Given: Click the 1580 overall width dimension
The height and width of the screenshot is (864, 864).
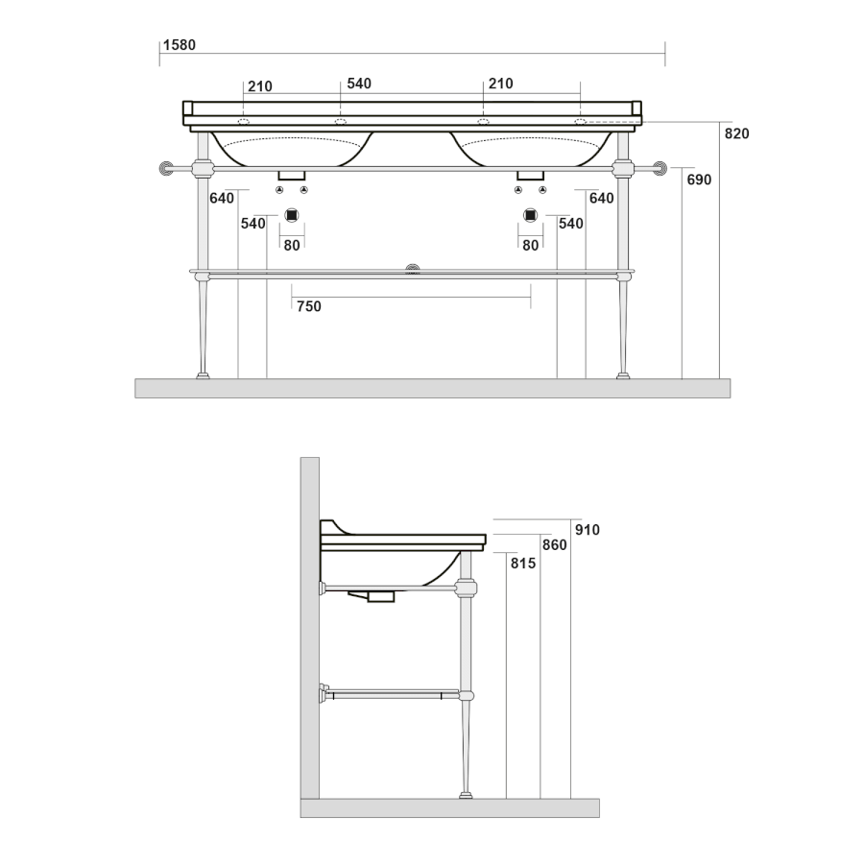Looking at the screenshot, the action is tap(180, 45).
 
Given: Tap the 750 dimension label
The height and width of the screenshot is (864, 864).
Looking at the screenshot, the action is tap(308, 306).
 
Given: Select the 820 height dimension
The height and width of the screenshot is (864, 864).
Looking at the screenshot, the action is tap(736, 133).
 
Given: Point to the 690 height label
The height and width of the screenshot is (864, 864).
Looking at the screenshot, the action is tap(699, 180).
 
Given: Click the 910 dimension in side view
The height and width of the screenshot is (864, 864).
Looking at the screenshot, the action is tap(587, 530).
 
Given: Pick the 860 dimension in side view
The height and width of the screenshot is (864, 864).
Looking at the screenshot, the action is tap(554, 545).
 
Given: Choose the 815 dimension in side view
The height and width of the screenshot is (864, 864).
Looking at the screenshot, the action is tap(523, 564).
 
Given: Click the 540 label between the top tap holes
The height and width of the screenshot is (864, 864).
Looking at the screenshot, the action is tap(359, 84).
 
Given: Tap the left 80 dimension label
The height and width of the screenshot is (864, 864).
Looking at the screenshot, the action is tap(292, 245).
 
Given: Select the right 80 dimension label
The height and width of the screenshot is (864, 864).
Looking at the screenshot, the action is tap(530, 245).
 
